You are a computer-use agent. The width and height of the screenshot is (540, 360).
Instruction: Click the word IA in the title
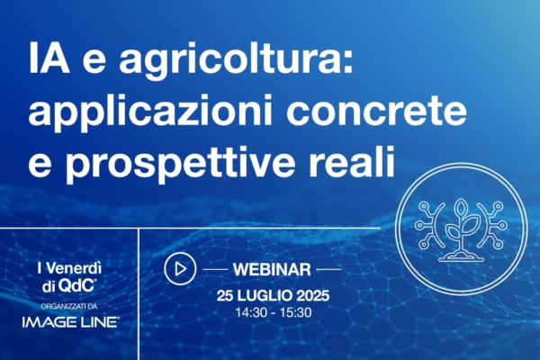click(44, 61)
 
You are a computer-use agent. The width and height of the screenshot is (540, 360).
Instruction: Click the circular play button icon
click(179, 268)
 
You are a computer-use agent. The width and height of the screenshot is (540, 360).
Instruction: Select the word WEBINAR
click(272, 268)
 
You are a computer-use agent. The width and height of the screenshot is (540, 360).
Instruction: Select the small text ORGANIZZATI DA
click(69, 304)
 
